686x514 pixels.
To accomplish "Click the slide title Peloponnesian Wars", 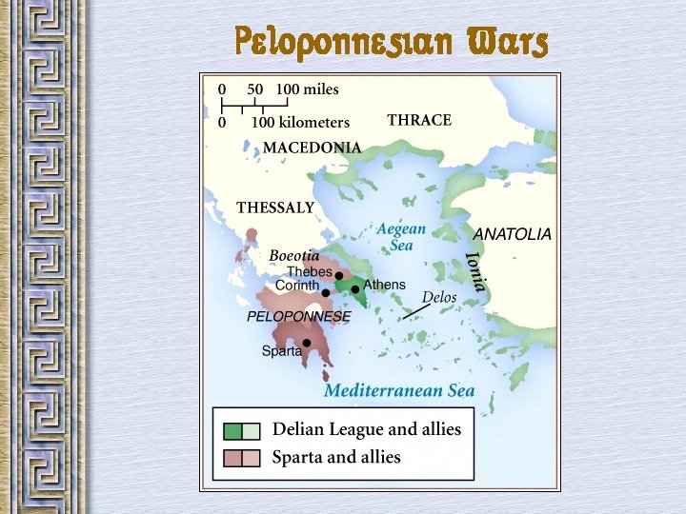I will pos(392,42).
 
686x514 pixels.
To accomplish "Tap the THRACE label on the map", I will pos(419,121).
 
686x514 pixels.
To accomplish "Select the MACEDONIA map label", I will pos(312,148).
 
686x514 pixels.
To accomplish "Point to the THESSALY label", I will pos(275,208).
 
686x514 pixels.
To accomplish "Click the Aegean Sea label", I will pos(401,237).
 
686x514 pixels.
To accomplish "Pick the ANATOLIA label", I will pos(512,234).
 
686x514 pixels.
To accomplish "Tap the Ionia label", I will pos(475,271).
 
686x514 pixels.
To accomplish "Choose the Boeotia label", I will pos(294,256).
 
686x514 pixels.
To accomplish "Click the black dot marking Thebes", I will pos(338,275).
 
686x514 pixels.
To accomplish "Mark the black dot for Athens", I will pos(355,289).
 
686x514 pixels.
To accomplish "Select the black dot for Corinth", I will pos(326,293).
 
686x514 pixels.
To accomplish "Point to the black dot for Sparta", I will pos(307,343).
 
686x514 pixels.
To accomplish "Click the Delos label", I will pos(439,298).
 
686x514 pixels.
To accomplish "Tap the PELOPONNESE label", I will pos(298,316).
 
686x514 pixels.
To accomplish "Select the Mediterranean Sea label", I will pos(399,391).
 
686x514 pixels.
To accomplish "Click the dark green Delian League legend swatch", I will pos(232,430).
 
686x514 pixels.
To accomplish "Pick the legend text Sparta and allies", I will pos(336,458).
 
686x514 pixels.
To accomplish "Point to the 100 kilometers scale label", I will pos(300,123).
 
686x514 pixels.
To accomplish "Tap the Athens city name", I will pos(385,285).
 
